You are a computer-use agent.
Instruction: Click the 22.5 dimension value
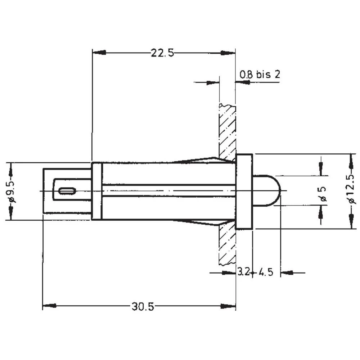[x=162, y=53]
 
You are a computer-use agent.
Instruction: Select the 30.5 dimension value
[x=143, y=307]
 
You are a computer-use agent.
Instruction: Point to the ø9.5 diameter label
[x=11, y=191]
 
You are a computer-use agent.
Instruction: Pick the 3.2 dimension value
[x=244, y=272]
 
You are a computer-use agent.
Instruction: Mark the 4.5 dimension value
[x=266, y=272]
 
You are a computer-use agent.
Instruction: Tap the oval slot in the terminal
[x=67, y=191]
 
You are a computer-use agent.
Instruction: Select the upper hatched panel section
[x=227, y=131]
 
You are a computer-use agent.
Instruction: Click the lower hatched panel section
[x=227, y=245]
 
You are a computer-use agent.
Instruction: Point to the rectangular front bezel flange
[x=244, y=191]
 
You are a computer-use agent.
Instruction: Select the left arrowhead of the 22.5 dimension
[x=99, y=53]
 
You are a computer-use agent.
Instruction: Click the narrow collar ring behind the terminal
[x=97, y=191]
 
